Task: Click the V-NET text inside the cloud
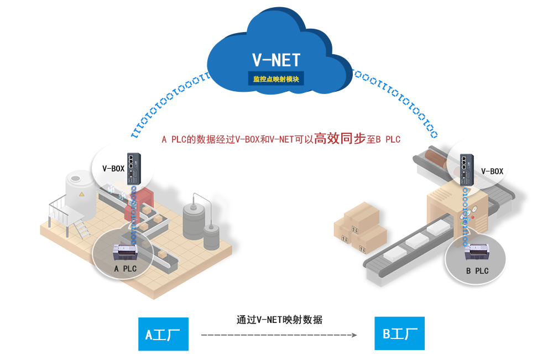tap(276, 60)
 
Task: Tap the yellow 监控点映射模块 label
tap(276, 79)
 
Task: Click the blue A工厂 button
tap(163, 334)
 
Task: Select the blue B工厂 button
tap(400, 333)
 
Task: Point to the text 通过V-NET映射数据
tap(279, 320)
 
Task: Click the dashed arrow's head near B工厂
tap(354, 335)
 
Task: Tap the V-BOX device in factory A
tap(134, 169)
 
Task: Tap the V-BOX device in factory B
tap(467, 170)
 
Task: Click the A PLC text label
tap(125, 269)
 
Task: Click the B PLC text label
tap(477, 271)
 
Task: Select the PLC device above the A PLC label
tap(125, 252)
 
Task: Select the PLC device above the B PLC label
tap(477, 252)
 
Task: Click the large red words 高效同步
tap(340, 138)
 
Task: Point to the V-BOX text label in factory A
tap(113, 169)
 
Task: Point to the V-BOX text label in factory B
tap(492, 171)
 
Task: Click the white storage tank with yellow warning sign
tap(80, 195)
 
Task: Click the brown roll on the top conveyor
tap(436, 158)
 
